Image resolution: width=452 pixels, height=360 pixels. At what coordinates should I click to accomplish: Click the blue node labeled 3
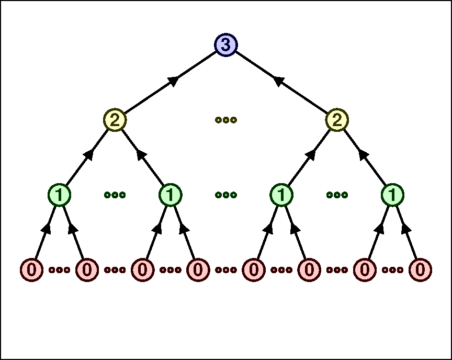point(226,45)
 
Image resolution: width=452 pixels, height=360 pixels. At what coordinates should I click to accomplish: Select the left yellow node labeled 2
point(115,120)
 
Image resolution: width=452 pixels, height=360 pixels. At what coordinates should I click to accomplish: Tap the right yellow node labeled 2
point(337,120)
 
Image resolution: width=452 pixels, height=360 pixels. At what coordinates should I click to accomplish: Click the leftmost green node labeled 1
point(60,195)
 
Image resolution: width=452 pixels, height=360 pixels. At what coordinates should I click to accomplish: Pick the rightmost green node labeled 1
point(392,195)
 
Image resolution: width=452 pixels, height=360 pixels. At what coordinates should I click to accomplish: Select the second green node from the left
point(171,195)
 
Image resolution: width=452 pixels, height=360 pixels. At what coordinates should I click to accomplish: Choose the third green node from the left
point(281,195)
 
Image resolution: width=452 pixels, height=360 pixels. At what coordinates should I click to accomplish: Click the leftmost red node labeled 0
point(32,270)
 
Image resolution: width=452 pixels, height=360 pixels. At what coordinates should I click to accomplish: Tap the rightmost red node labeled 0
point(420,270)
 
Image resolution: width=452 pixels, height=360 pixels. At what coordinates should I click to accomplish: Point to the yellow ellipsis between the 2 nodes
point(226,120)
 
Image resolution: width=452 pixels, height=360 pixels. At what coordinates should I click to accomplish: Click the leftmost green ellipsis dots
point(115,195)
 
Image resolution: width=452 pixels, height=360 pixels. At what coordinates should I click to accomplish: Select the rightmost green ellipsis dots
point(337,195)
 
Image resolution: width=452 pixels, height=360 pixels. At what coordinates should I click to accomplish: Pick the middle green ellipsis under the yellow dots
point(226,195)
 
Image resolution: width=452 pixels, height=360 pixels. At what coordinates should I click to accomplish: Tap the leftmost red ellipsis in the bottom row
point(60,270)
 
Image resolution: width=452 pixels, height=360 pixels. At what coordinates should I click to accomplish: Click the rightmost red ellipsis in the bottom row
point(392,270)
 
